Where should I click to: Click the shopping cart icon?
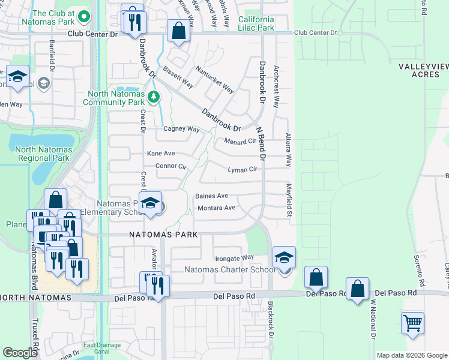pos(412,323)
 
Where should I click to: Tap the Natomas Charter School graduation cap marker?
pos(284,258)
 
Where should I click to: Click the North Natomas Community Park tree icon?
pos(154,97)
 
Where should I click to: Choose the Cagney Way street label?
pos(181,129)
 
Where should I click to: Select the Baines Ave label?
pos(211,196)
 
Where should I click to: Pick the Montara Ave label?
pos(216,208)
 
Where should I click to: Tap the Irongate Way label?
pos(235,258)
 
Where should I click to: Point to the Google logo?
pos(20,352)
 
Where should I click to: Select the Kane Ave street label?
pos(161,154)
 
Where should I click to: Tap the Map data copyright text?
pos(411,355)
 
